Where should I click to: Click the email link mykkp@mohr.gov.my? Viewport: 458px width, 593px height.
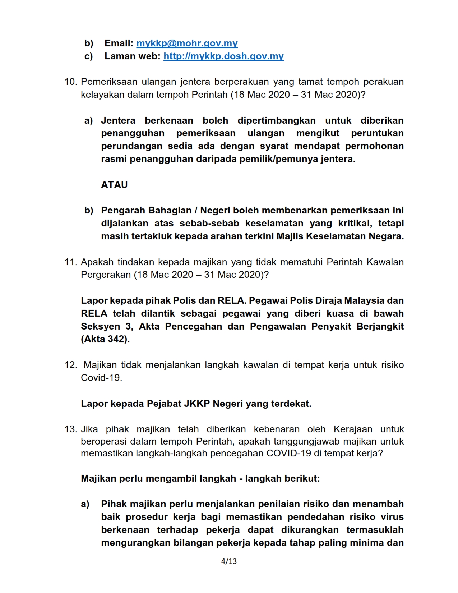pos(187,43)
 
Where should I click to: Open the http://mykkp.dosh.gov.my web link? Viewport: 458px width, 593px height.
pos(223,56)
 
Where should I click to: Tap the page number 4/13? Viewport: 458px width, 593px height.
pos(229,561)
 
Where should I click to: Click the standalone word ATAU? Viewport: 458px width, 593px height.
pos(114,185)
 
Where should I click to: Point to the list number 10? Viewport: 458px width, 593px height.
pos(71,82)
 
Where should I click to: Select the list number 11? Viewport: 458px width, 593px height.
pos(71,262)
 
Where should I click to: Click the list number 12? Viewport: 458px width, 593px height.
pos(71,365)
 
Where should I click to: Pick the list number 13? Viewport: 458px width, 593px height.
pos(71,429)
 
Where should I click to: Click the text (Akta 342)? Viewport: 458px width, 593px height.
pos(105,339)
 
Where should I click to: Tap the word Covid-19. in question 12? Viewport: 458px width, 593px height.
pos(101,378)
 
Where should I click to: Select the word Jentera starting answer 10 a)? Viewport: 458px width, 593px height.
pos(118,120)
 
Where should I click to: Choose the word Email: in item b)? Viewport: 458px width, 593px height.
pos(119,43)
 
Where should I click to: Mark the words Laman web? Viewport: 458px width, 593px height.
pos(132,56)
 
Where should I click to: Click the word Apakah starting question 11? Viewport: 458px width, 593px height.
pos(97,262)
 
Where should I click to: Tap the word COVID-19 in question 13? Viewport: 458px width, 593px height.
pos(289,453)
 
